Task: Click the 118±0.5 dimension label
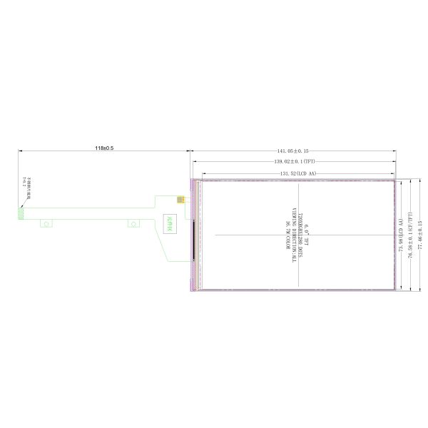[104, 148]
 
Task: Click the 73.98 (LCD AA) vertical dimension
[402, 235]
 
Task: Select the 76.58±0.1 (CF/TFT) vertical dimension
[410, 235]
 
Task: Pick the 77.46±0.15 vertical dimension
[420, 235]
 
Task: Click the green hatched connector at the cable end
[21, 213]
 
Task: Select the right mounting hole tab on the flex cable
[133, 224]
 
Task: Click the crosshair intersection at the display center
[297, 235]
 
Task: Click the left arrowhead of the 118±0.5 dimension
[20, 151]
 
